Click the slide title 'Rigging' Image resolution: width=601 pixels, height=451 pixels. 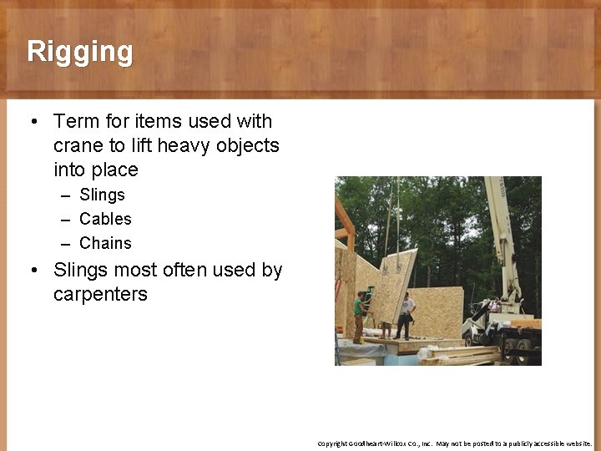click(x=79, y=52)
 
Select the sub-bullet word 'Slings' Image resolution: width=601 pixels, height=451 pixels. click(x=102, y=195)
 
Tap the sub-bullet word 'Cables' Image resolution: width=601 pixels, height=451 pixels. click(x=105, y=219)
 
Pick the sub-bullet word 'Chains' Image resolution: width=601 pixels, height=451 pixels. click(x=105, y=243)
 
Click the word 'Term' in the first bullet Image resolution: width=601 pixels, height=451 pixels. click(x=76, y=122)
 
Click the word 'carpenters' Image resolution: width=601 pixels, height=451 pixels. click(x=100, y=295)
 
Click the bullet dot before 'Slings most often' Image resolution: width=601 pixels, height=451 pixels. click(x=33, y=271)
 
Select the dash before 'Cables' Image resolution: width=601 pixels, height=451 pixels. click(x=65, y=219)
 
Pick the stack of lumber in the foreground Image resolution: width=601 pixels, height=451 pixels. click(x=459, y=356)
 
